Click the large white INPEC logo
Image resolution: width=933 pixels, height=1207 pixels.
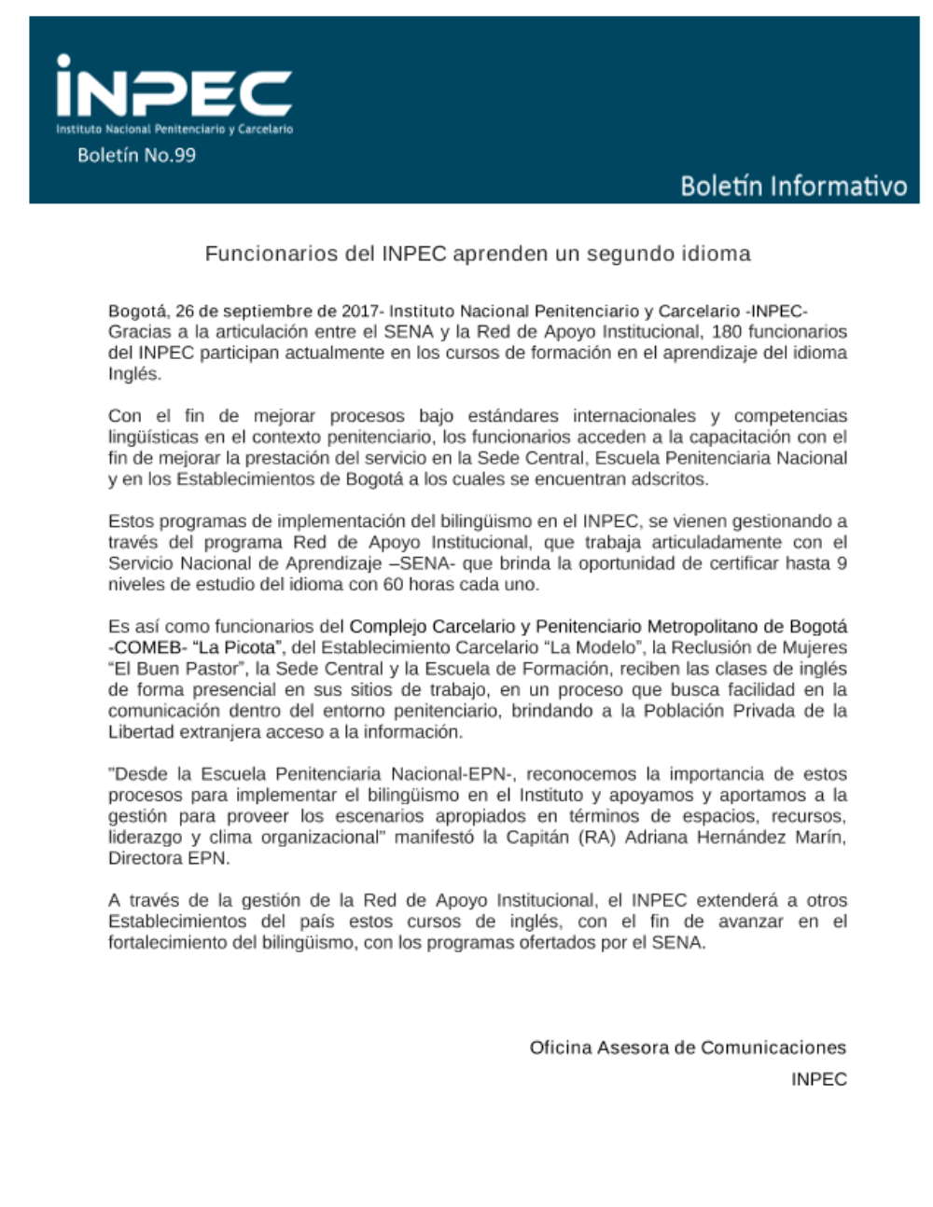pos(174,90)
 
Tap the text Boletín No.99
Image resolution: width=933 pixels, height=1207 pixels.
pos(136,156)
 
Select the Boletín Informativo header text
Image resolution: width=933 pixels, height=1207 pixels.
pos(793,186)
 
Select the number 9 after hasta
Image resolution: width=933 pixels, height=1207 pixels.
pos(842,563)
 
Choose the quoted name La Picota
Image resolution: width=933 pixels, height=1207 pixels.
pos(238,647)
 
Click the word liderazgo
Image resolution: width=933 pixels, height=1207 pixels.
pos(145,837)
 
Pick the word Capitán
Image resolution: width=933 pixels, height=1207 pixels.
pos(538,837)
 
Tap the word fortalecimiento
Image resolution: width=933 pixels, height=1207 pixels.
pos(163,942)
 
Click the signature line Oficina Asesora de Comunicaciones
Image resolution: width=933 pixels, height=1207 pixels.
pos(688,1047)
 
